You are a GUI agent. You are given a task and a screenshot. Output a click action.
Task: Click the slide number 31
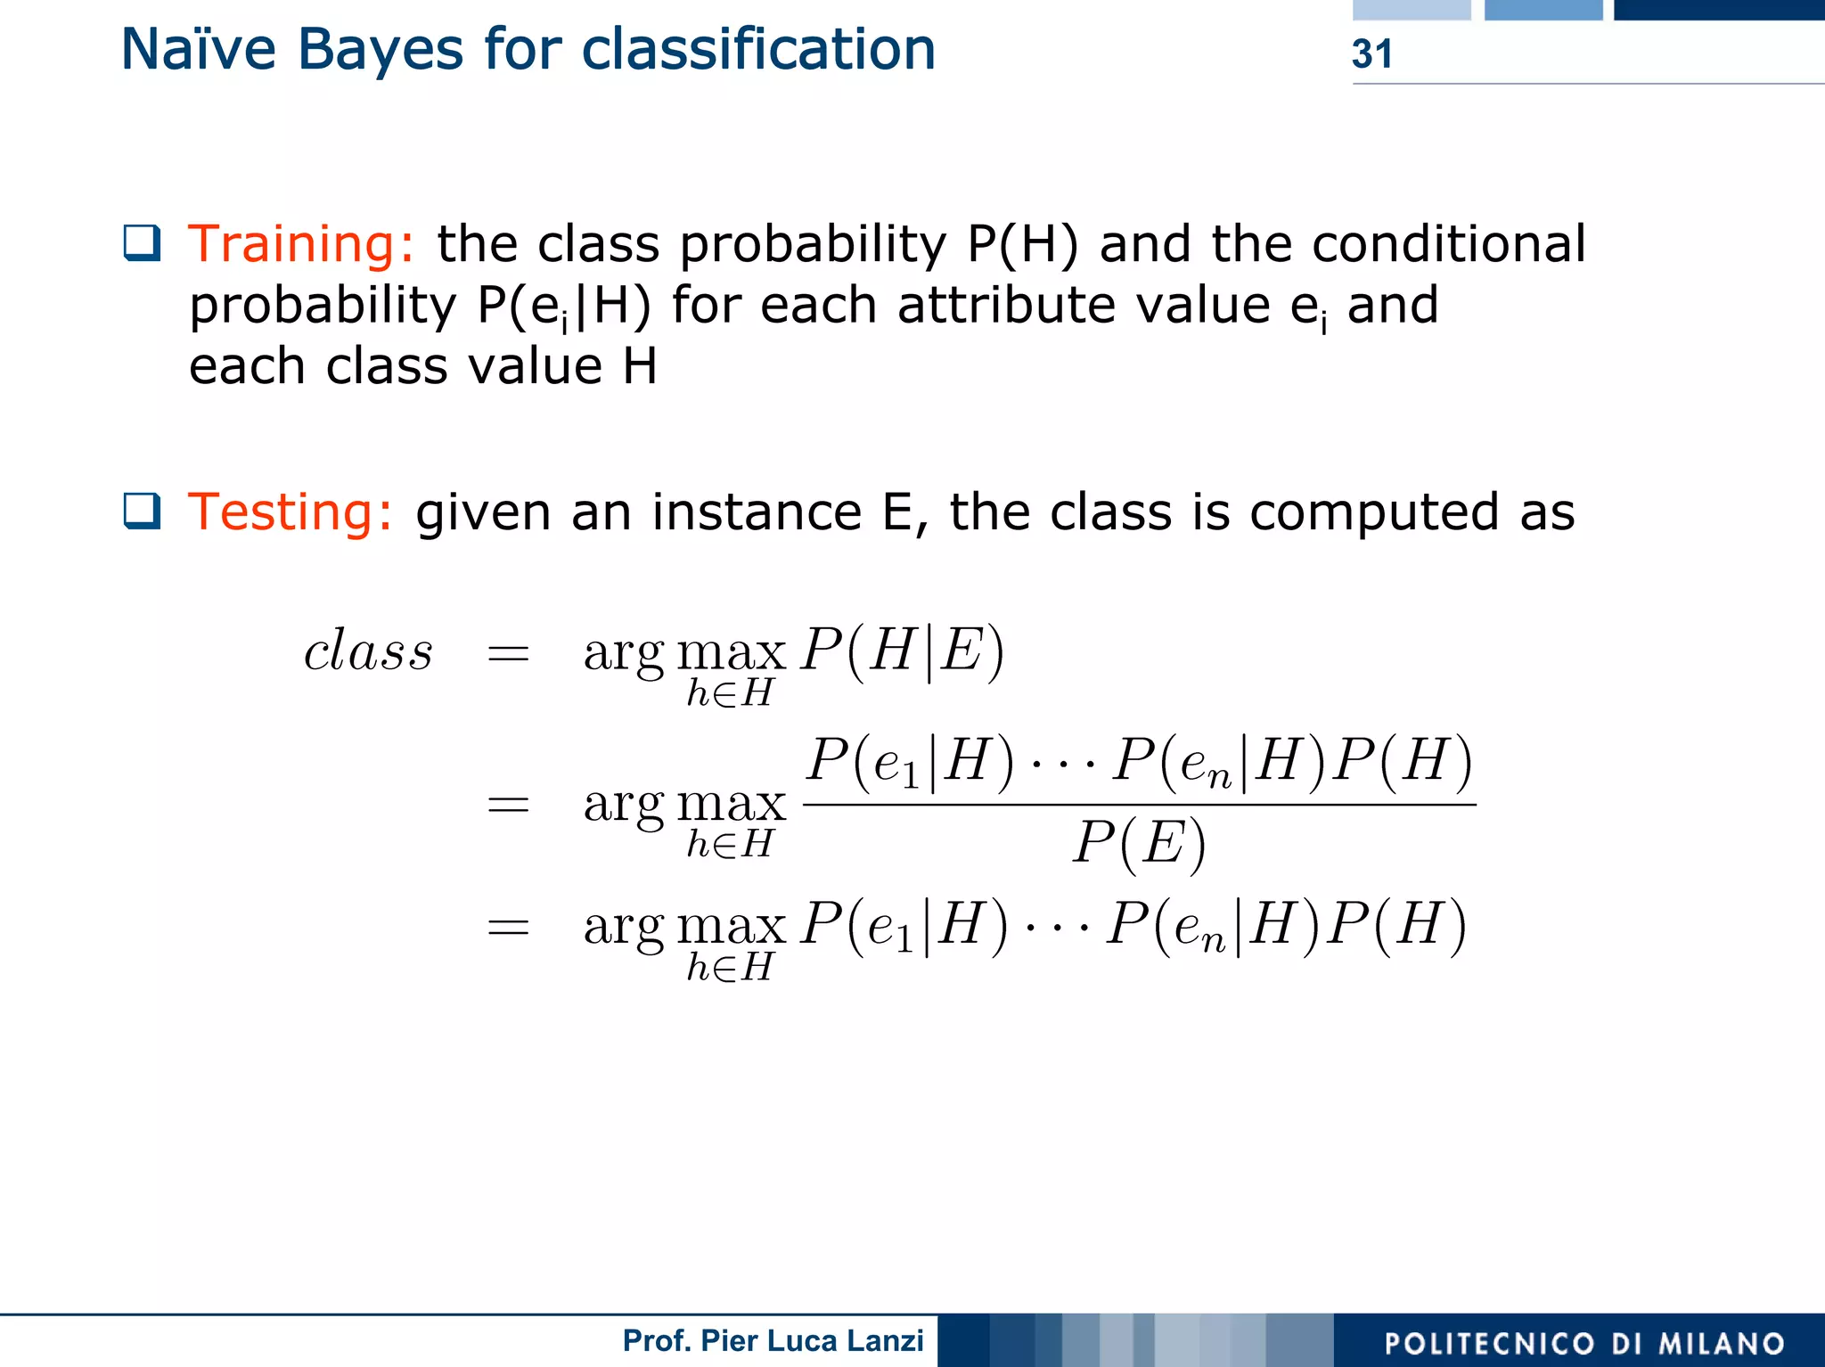[1371, 54]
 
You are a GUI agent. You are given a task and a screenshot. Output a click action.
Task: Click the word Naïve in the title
[198, 50]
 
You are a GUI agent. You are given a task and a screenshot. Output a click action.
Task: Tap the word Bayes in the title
[381, 50]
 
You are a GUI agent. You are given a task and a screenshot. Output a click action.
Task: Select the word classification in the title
[758, 50]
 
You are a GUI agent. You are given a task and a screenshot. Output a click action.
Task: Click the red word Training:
[301, 244]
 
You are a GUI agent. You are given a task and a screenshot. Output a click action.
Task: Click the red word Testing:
[291, 512]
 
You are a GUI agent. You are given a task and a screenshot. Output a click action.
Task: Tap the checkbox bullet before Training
[143, 242]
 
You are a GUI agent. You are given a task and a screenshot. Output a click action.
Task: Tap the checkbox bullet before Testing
[143, 511]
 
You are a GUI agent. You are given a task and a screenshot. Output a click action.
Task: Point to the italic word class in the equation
[368, 651]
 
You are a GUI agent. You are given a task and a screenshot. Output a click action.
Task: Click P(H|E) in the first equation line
[902, 651]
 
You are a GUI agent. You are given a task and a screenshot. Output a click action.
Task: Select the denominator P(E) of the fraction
[1139, 842]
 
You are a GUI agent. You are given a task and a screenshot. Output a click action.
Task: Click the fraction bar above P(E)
[1139, 805]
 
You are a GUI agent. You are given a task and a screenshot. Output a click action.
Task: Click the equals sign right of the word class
[508, 655]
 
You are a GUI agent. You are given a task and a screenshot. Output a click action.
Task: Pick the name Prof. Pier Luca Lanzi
[773, 1340]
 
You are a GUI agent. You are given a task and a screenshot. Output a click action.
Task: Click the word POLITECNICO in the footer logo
[1489, 1344]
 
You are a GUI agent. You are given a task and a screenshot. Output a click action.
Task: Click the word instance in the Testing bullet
[757, 512]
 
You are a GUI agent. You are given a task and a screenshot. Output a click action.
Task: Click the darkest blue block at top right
[1719, 10]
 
